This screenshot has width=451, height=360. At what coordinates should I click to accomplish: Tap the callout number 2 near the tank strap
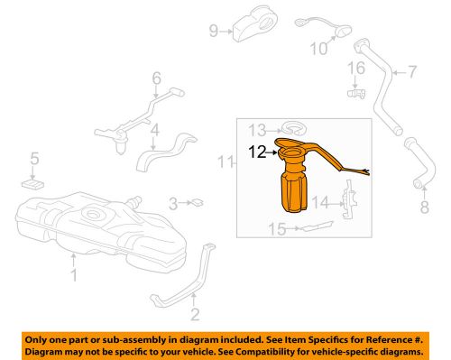pos(192,316)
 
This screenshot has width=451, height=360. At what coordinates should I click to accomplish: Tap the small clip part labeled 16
pos(354,92)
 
